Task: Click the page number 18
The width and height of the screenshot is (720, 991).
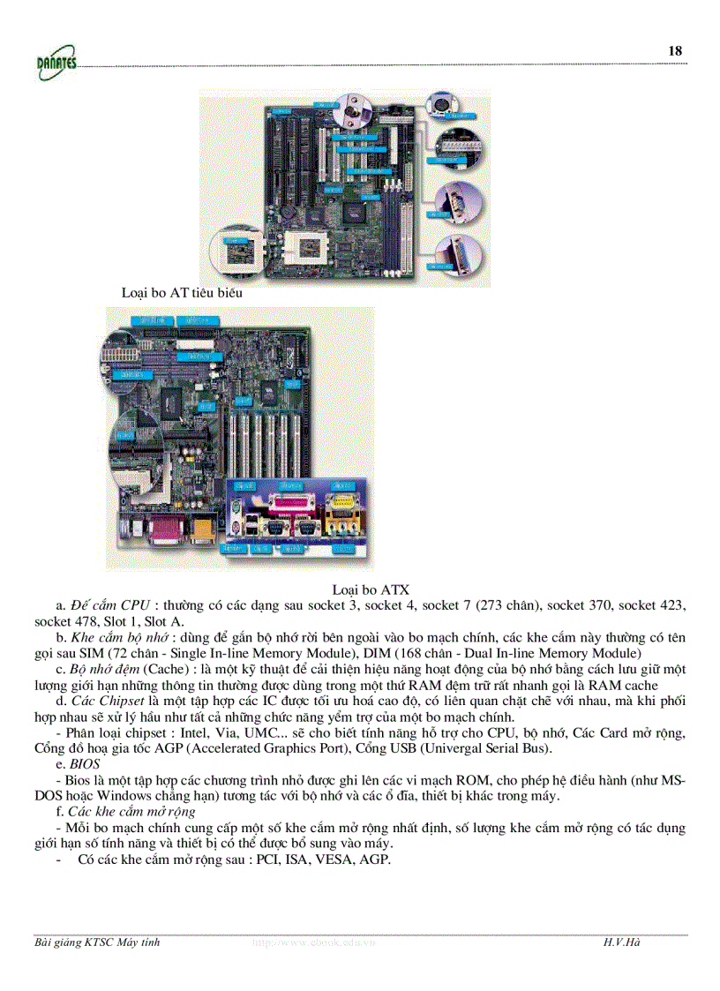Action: point(675,51)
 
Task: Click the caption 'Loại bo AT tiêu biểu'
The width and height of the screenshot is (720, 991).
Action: point(182,292)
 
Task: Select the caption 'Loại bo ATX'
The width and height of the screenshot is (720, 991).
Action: point(371,589)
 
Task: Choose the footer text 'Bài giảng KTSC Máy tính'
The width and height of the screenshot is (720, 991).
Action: point(97,943)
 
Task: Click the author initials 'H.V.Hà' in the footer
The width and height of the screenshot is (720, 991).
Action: point(622,943)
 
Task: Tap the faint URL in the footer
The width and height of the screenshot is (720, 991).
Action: point(314,943)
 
